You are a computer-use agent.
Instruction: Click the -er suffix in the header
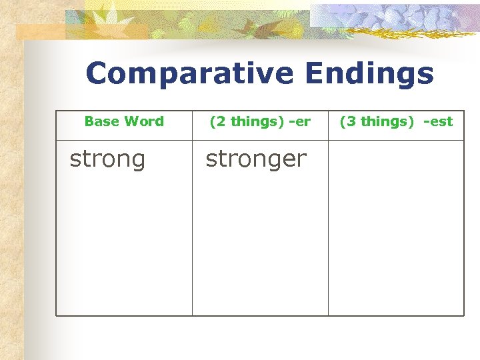tap(299, 121)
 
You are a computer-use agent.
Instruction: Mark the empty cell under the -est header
tap(395, 227)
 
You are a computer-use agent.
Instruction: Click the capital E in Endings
tap(316, 74)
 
